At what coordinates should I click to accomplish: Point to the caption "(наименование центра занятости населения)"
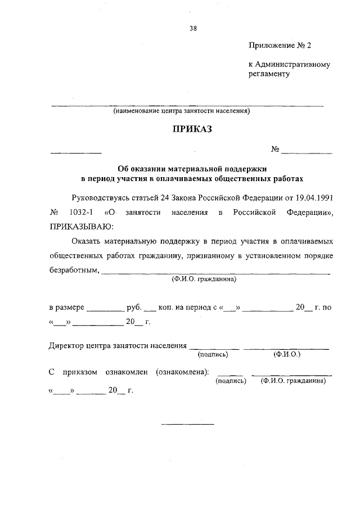(x=181, y=111)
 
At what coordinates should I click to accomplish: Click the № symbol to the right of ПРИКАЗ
(x=276, y=150)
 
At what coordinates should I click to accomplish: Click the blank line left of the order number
(x=76, y=153)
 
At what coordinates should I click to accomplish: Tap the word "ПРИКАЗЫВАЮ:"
(x=82, y=227)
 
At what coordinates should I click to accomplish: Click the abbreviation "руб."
(x=134, y=308)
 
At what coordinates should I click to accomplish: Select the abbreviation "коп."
(x=168, y=308)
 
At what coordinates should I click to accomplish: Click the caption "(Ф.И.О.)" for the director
(x=287, y=355)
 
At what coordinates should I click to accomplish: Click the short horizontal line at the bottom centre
(x=188, y=423)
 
